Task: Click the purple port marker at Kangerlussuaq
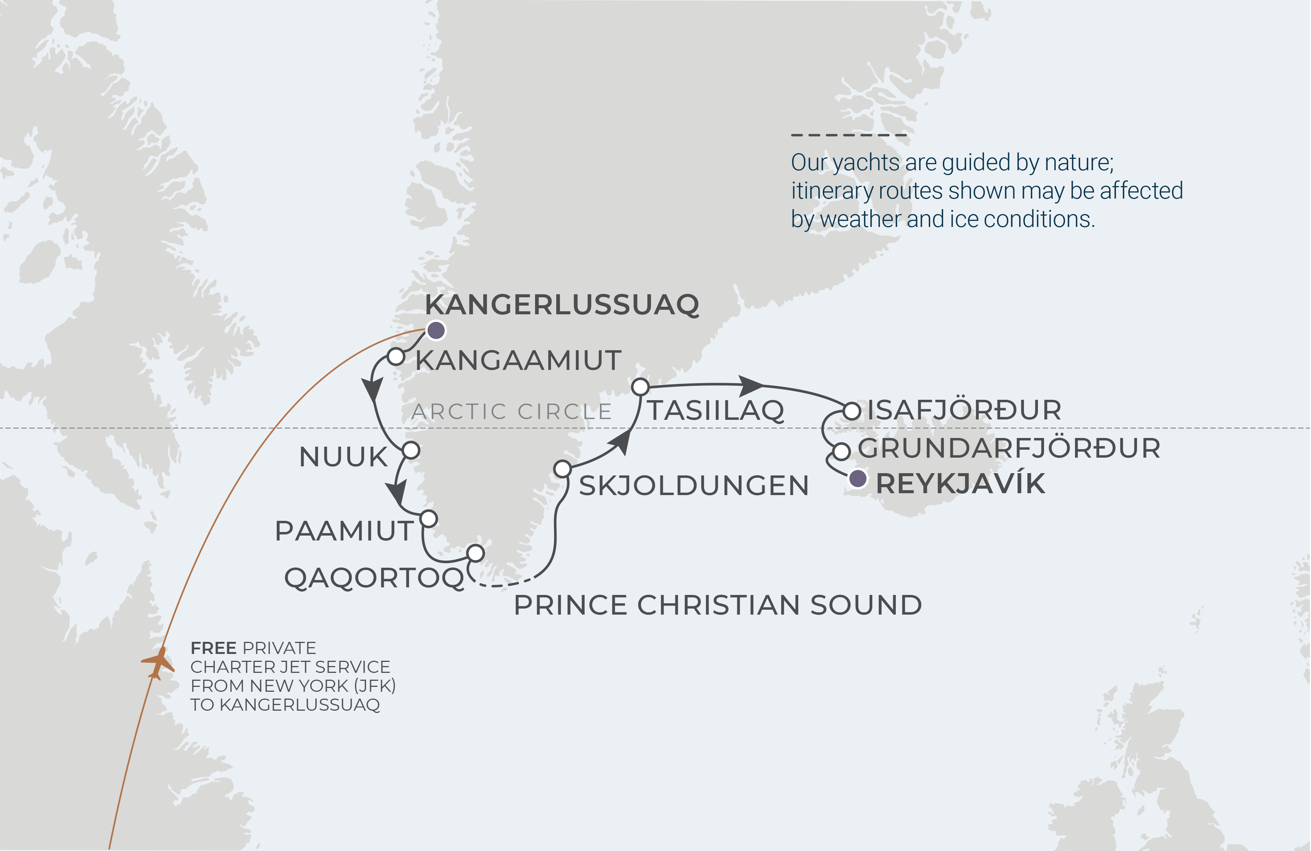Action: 436,331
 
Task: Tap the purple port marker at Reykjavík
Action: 857,478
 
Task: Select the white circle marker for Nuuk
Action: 411,450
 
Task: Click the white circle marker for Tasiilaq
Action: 640,387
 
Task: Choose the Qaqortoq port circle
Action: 475,553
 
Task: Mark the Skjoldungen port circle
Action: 562,469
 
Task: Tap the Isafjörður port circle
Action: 852,411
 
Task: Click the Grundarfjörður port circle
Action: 841,452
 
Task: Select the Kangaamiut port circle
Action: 396,356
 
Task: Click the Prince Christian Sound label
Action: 717,605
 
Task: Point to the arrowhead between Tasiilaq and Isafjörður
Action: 750,385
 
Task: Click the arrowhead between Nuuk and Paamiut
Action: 397,491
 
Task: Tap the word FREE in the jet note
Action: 213,648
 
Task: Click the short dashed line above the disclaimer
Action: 848,134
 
